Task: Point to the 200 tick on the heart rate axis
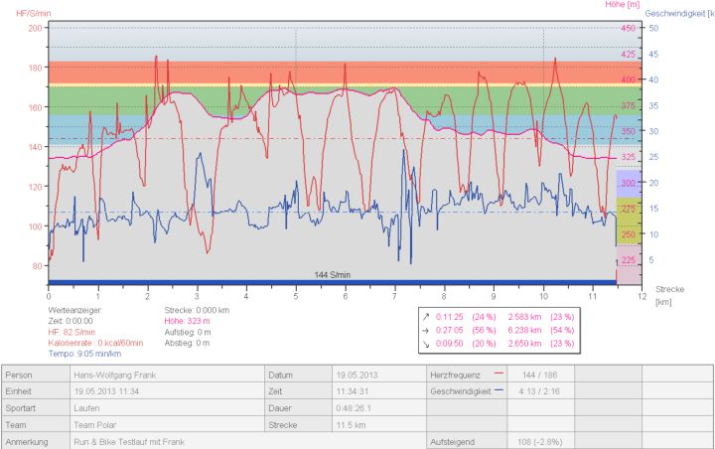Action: tap(36, 28)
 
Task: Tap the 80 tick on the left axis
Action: tap(38, 266)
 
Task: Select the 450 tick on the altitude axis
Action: tap(628, 29)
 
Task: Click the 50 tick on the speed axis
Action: tap(653, 29)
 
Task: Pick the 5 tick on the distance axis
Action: tap(296, 296)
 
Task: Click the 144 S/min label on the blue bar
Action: tap(333, 274)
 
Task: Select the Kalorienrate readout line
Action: tap(95, 343)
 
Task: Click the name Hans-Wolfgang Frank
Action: tap(112, 374)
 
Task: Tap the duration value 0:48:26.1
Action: tap(346, 408)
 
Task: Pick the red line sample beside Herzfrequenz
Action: tap(500, 374)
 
